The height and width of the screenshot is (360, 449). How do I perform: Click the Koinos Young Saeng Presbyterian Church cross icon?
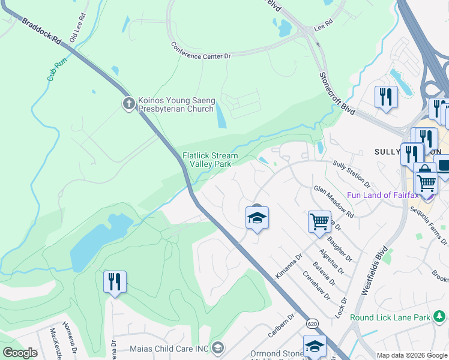(x=128, y=104)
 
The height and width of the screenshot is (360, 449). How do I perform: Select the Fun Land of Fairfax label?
(x=384, y=195)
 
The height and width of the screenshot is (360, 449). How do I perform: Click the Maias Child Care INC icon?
(x=217, y=347)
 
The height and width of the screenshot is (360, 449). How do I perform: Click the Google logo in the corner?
(x=20, y=353)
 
